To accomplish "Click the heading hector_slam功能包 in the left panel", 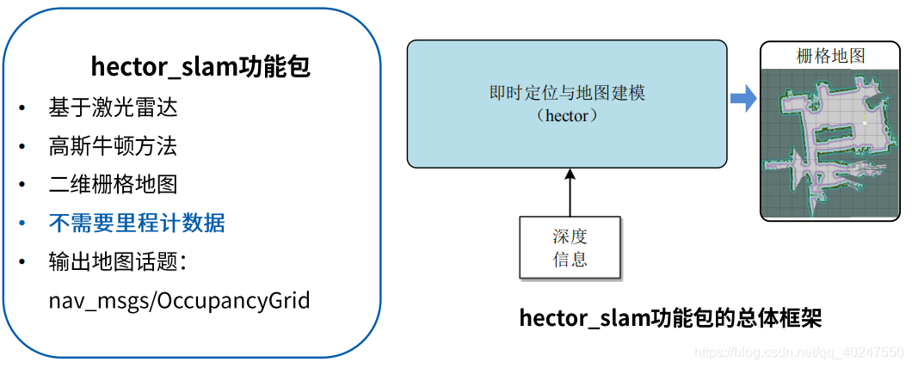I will tap(200, 67).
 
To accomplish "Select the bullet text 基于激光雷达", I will tap(114, 107).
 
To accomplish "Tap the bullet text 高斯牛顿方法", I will tap(114, 146).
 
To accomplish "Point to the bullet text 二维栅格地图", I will tap(114, 185).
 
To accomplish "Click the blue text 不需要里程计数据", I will tap(137, 224).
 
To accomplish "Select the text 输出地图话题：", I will tap(118, 262).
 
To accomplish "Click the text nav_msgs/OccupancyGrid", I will tap(179, 301).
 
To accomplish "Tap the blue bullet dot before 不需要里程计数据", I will tap(22, 224).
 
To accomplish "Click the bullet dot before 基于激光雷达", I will tap(22, 108).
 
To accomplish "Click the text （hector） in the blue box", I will tap(567, 115).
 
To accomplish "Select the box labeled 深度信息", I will tap(570, 248).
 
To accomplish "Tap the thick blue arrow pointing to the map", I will tap(743, 98).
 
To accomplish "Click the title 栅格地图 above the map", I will tap(830, 57).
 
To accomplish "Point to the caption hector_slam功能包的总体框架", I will tap(670, 318).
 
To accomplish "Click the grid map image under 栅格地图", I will tap(830, 142).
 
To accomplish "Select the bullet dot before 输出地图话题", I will tap(22, 263).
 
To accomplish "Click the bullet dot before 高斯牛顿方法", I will tap(22, 147).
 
